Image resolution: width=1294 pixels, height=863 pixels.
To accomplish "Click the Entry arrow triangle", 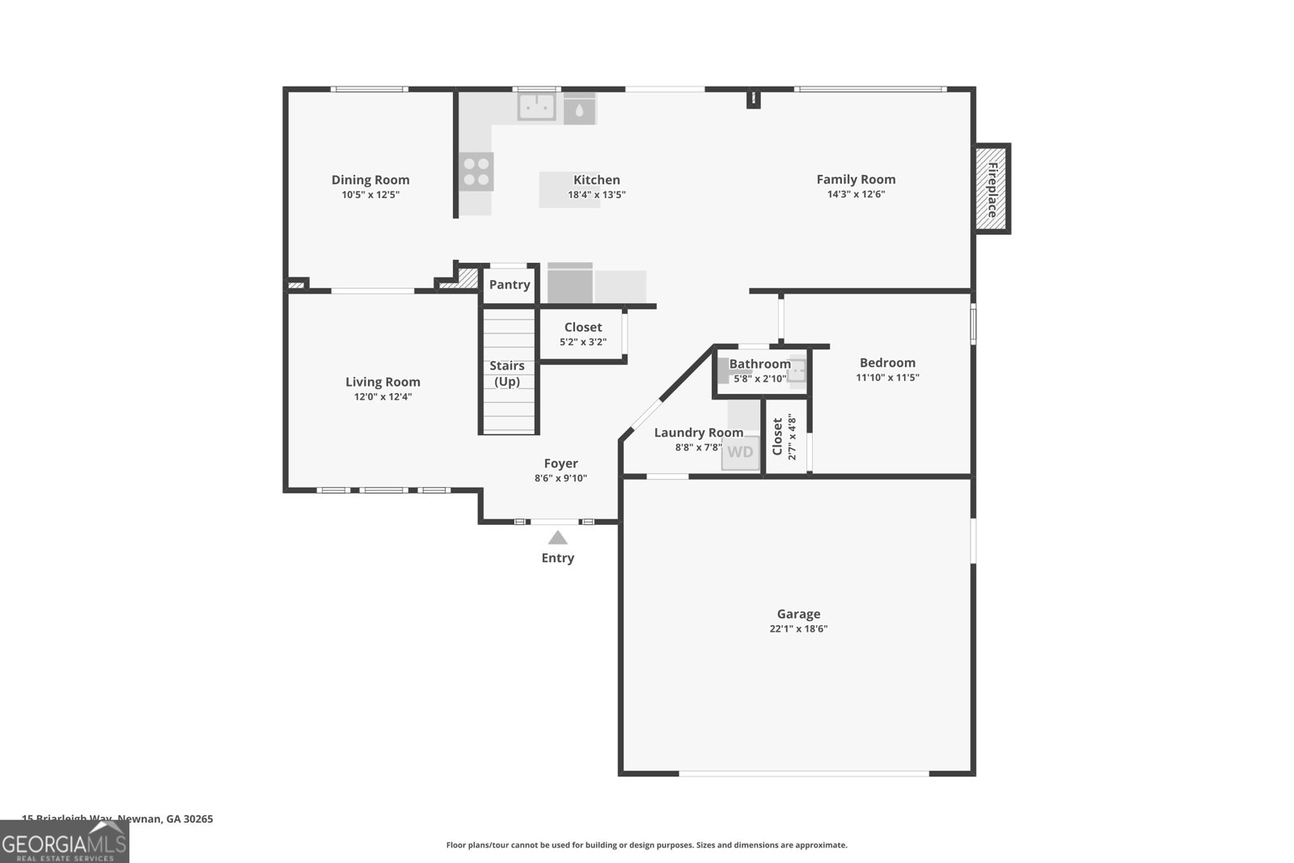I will pyautogui.click(x=558, y=538).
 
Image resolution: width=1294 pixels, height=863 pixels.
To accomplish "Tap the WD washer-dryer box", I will pyautogui.click(x=740, y=453).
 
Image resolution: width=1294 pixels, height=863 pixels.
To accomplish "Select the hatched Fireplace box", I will pyautogui.click(x=992, y=189).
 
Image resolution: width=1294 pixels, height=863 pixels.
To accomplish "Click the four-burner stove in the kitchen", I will pyautogui.click(x=476, y=171).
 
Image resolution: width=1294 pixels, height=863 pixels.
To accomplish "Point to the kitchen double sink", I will pyautogui.click(x=537, y=106).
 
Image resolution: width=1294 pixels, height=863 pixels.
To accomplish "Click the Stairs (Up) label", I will pyautogui.click(x=507, y=374).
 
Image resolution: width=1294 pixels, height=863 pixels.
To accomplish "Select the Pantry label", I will pyautogui.click(x=510, y=285).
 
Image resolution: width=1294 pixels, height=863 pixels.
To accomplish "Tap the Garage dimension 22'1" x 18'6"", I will pyautogui.click(x=798, y=628).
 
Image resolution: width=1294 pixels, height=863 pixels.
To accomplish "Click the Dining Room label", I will pyautogui.click(x=370, y=180).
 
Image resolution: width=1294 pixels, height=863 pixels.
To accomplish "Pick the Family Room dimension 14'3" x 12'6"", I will pyautogui.click(x=856, y=194).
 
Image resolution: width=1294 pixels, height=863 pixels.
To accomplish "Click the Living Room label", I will pyautogui.click(x=383, y=382).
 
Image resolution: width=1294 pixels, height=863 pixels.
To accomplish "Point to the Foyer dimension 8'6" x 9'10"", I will pyautogui.click(x=560, y=478).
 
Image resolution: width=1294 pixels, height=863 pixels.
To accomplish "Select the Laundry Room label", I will pyautogui.click(x=698, y=433).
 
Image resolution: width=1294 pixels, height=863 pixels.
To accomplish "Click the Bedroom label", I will pyautogui.click(x=887, y=363).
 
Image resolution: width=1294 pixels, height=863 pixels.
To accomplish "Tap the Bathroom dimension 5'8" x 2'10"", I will pyautogui.click(x=760, y=378).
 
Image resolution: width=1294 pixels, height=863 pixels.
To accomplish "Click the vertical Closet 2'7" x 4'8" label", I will pyautogui.click(x=783, y=437).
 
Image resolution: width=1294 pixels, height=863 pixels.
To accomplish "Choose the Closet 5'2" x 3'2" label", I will pyautogui.click(x=583, y=327).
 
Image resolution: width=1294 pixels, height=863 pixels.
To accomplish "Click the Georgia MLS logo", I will pyautogui.click(x=64, y=841).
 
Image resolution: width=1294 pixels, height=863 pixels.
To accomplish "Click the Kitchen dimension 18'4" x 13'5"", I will pyautogui.click(x=597, y=195).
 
